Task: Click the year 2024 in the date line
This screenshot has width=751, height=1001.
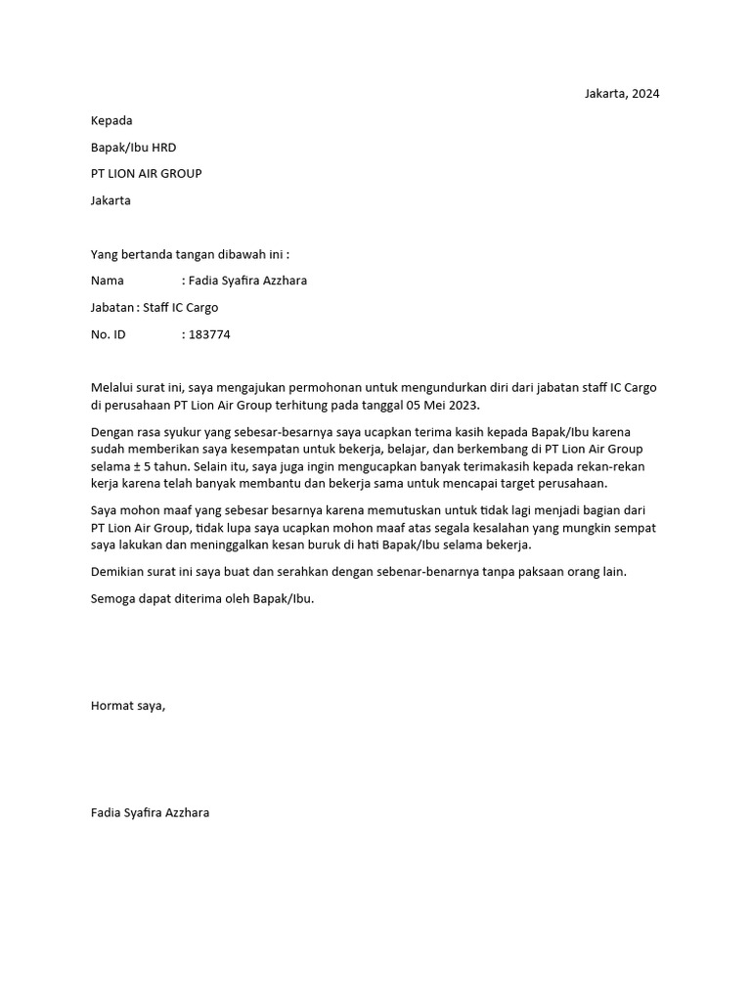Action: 645,94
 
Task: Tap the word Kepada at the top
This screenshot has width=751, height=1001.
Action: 110,120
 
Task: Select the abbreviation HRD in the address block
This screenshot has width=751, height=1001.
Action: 164,148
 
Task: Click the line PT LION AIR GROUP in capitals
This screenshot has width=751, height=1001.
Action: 146,174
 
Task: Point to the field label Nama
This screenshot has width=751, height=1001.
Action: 107,281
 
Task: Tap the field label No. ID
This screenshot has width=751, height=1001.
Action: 108,334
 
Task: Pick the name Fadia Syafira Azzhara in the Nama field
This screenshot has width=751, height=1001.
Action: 252,281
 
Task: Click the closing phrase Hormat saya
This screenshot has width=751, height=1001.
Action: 128,705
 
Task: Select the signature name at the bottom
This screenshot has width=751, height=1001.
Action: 150,812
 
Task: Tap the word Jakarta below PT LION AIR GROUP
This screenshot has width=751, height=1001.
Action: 110,200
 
